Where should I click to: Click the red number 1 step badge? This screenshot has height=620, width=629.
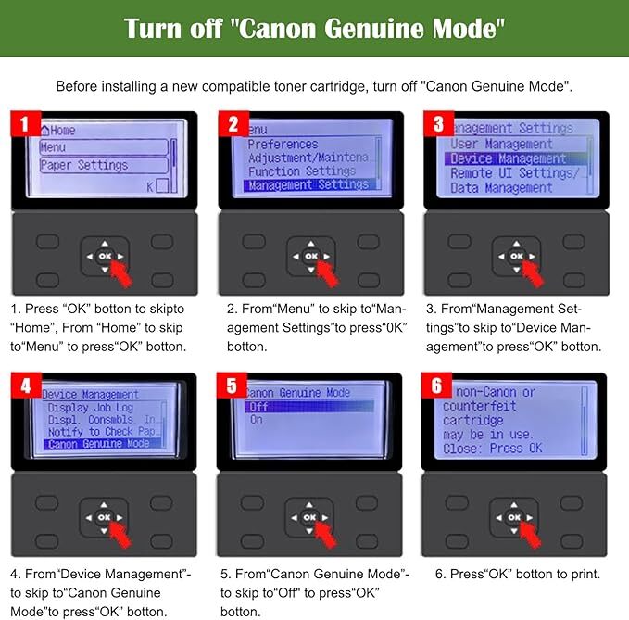[x=26, y=123]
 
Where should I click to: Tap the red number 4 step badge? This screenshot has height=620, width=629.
[x=26, y=386]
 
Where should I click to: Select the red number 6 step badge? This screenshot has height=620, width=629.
[x=436, y=386]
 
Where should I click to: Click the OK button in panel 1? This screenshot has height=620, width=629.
[x=105, y=256]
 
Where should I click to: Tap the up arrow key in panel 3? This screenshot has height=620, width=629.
[x=516, y=243]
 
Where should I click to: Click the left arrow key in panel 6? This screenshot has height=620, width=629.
[x=498, y=518]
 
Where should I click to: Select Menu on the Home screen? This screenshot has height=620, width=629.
[x=104, y=146]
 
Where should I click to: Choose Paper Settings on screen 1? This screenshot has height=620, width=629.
[x=104, y=165]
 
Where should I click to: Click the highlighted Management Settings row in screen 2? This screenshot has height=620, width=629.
[x=309, y=184]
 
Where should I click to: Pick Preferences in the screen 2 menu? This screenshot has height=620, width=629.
[x=283, y=144]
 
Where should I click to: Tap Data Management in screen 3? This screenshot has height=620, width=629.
[x=501, y=188]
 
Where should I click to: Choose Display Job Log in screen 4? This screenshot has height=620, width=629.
[x=91, y=408]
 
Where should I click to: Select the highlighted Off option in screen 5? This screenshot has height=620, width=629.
[x=309, y=407]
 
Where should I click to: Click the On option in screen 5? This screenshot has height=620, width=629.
[x=257, y=420]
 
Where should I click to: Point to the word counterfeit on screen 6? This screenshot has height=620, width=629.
[x=479, y=406]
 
